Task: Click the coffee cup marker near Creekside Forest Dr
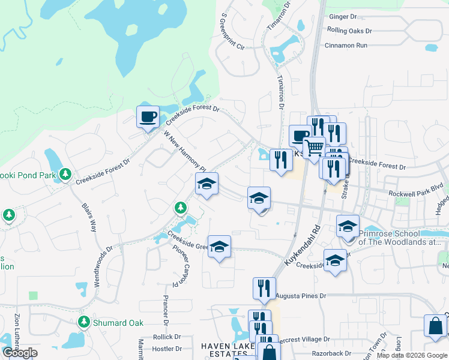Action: point(148,116)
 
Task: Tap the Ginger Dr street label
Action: point(342,17)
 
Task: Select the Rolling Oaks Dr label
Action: point(350,31)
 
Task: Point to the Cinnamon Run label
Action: point(345,45)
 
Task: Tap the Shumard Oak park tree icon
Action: point(85,323)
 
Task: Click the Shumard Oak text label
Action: point(118,323)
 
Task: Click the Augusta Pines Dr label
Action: point(301,296)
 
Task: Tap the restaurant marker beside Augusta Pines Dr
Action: point(264,287)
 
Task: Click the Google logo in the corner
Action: point(20,353)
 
